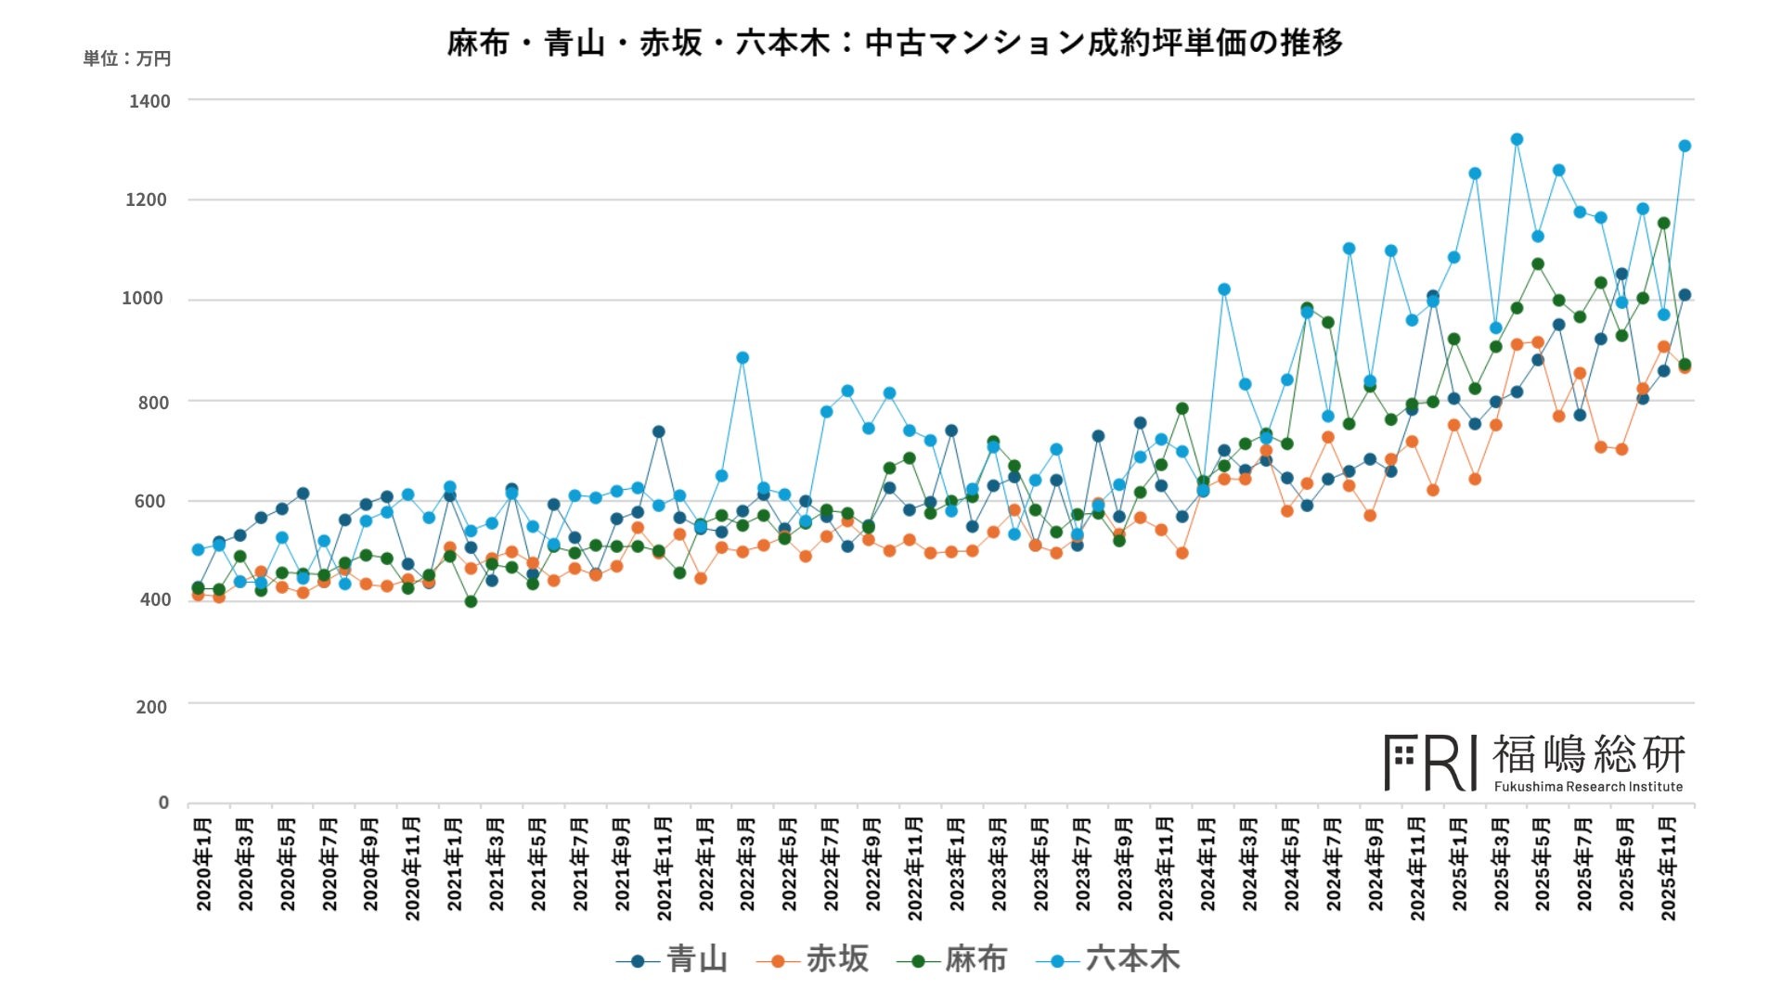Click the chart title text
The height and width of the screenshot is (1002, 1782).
pos(895,43)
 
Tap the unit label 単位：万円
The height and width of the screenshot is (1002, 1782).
pos(127,58)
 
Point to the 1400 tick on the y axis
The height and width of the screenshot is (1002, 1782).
pos(149,100)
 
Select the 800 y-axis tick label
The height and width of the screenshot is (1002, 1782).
pos(153,402)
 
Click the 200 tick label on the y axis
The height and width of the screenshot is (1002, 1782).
pos(151,706)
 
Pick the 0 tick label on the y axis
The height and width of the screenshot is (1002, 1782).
pos(163,803)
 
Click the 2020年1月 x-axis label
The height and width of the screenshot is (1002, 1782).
pos(204,864)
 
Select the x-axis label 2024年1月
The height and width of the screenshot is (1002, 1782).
pos(1207,864)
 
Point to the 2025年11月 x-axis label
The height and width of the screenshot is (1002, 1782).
pos(1668,868)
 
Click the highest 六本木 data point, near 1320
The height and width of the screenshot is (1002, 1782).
pos(1517,139)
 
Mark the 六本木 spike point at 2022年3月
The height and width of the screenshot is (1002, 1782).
pos(742,358)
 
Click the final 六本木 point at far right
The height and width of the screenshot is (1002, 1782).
pos(1685,146)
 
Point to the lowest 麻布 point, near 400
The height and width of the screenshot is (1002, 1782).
pos(471,602)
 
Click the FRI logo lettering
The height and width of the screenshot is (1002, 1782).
pos(1430,763)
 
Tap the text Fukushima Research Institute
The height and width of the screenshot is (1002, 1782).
pos(1588,787)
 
